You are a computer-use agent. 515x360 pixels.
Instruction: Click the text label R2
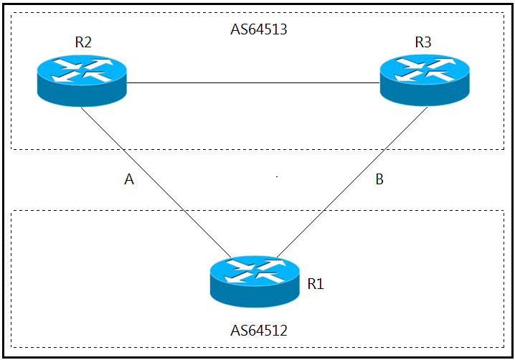[83, 42]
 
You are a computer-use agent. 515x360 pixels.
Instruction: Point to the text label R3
[423, 42]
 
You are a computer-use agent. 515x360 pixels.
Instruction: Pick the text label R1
[316, 284]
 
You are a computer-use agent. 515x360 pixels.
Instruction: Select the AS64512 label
[259, 331]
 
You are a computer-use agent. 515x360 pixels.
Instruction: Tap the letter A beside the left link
[129, 179]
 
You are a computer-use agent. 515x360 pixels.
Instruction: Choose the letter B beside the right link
[379, 179]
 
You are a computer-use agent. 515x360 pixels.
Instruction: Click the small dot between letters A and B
[277, 176]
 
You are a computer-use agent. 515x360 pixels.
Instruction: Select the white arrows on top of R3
[425, 70]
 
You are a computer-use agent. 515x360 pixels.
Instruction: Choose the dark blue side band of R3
[425, 95]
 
